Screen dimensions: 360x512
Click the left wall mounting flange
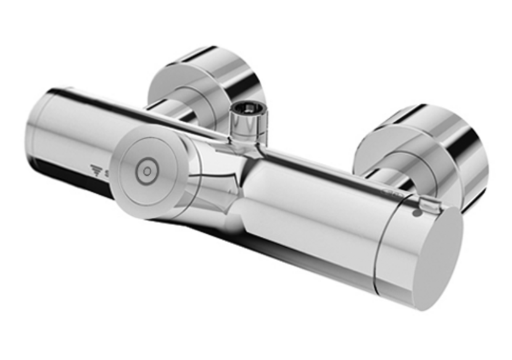tap(204, 80)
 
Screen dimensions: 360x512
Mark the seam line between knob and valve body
tap(377, 247)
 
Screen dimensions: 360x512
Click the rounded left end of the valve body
tap(37, 133)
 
